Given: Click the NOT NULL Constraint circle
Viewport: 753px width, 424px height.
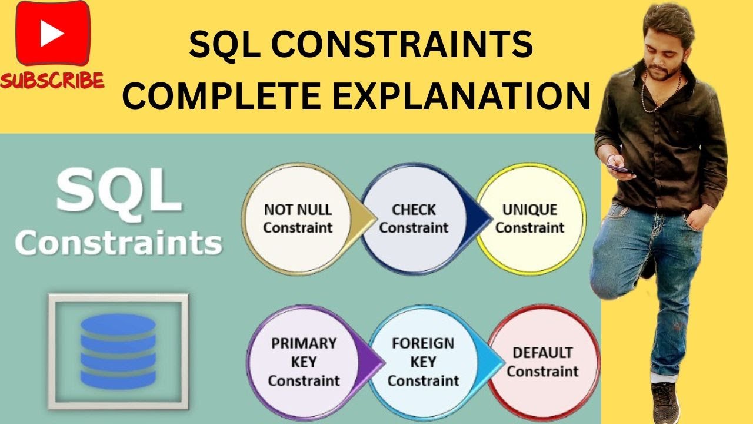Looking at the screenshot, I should click(x=298, y=218).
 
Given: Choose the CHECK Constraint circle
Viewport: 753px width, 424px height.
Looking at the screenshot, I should click(x=414, y=218).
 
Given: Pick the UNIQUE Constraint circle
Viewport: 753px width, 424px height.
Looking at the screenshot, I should click(x=530, y=218).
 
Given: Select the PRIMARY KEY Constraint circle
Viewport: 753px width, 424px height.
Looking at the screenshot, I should click(x=304, y=362).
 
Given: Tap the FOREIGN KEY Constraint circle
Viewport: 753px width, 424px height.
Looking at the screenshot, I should click(x=423, y=362).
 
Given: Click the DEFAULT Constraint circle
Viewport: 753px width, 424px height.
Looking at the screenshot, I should click(x=543, y=362).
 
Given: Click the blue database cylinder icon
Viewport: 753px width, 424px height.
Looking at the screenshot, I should click(x=118, y=351).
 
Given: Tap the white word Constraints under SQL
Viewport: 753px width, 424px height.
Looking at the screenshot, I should click(x=118, y=243).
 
